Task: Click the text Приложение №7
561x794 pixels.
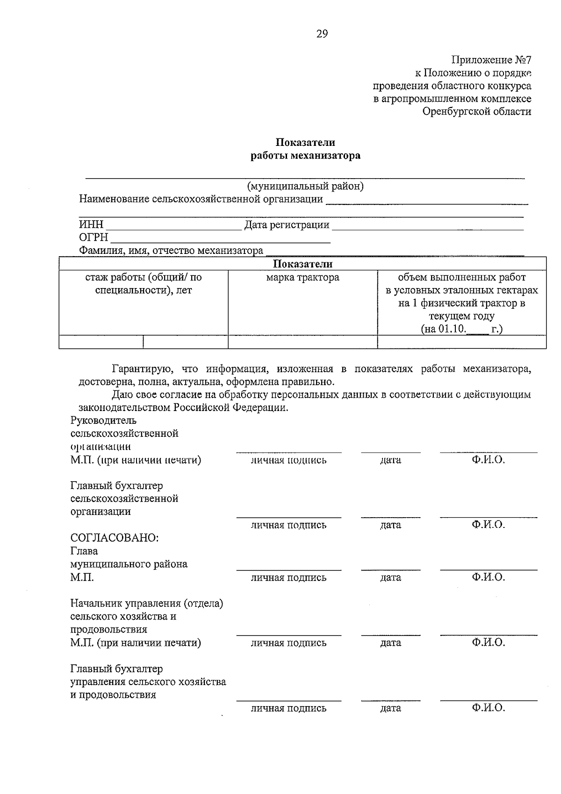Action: tap(491, 60)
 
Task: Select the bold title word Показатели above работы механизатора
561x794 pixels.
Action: tap(305, 142)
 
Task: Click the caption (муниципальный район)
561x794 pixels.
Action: tap(305, 186)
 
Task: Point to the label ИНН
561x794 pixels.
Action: tap(91, 225)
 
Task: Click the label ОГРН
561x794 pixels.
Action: tap(93, 238)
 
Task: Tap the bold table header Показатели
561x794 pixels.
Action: tap(302, 264)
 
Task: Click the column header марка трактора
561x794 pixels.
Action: tap(302, 277)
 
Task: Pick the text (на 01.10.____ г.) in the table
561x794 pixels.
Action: tap(461, 329)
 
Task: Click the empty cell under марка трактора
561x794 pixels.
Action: tap(302, 342)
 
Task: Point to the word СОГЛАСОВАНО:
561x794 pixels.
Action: tap(115, 538)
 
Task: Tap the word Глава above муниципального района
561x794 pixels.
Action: tap(84, 551)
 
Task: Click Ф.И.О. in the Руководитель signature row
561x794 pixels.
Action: tap(488, 460)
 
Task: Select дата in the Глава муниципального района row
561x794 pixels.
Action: tap(390, 577)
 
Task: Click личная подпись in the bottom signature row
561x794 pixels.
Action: tap(288, 708)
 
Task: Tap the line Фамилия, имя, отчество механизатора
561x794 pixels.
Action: tap(171, 251)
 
